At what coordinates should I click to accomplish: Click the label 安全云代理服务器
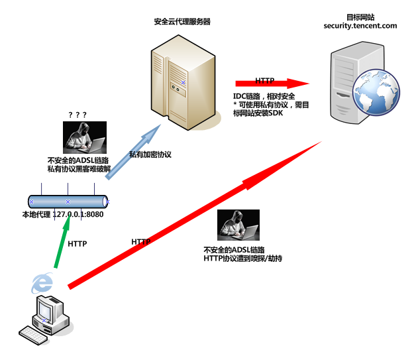(182, 21)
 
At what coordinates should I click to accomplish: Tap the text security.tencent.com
(360, 26)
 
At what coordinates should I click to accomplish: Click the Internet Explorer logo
(43, 283)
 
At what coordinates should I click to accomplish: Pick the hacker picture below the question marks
(84, 139)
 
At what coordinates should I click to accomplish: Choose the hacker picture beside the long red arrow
(238, 225)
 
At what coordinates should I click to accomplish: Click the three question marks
(78, 115)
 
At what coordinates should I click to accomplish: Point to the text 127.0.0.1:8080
(78, 214)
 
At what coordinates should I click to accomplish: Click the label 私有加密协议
(150, 154)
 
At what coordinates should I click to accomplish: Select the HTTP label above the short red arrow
(265, 80)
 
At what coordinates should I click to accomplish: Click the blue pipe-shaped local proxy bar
(68, 201)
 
